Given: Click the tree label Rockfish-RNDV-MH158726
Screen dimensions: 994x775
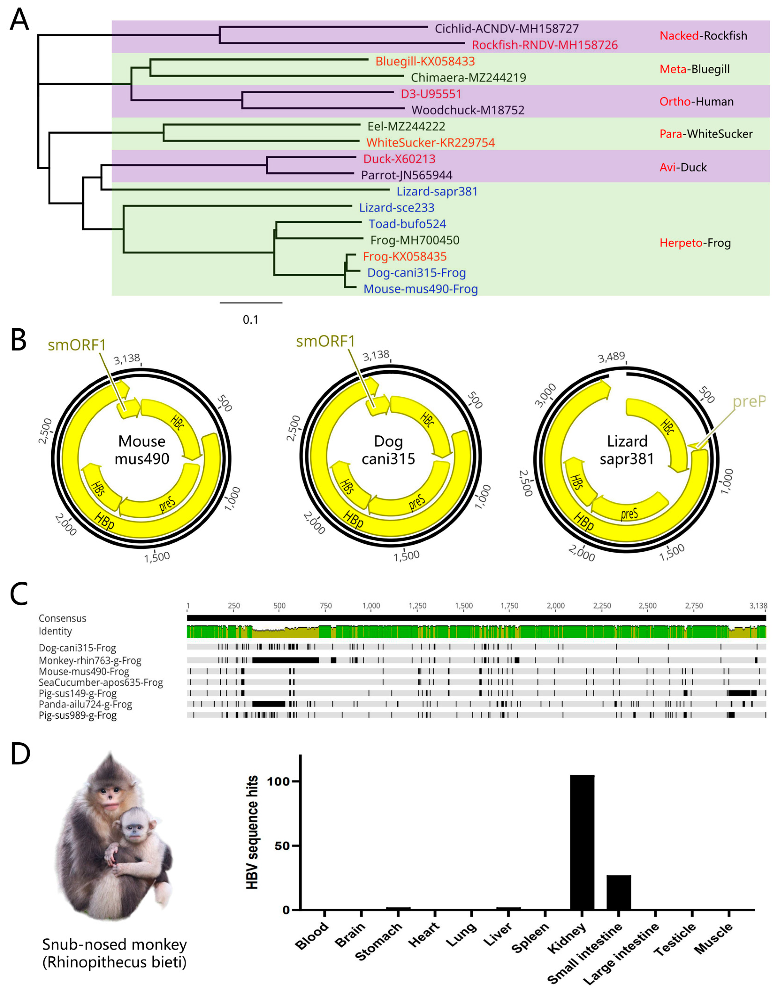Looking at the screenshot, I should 544,45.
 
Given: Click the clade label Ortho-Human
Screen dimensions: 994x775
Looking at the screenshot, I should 696,102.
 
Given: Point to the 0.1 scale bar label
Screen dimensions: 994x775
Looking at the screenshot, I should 250,319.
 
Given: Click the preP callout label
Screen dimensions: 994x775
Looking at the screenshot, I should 748,401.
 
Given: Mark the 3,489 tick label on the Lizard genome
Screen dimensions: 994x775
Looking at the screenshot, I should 611,357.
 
